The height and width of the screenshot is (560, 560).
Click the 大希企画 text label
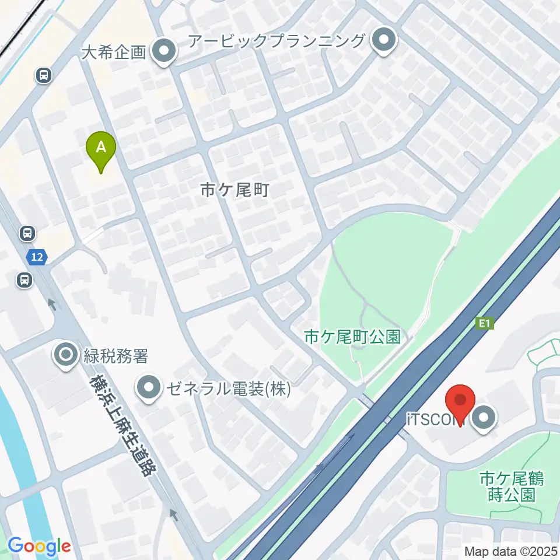tap(113, 54)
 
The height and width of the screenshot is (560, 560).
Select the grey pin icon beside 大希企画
tap(164, 51)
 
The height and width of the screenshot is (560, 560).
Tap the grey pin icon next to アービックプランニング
tap(384, 41)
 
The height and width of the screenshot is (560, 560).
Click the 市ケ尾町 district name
tap(234, 190)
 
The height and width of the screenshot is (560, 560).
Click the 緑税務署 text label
tap(116, 355)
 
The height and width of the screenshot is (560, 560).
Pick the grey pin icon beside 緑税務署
tap(65, 354)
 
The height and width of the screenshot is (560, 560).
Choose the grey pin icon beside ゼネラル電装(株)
tap(149, 387)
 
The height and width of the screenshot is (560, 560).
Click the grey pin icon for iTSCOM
tap(484, 418)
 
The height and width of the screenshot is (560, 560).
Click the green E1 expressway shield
tap(484, 323)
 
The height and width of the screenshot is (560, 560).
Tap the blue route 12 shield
tap(37, 256)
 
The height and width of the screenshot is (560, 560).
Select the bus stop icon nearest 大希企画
tap(44, 75)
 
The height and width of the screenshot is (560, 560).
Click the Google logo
tap(39, 547)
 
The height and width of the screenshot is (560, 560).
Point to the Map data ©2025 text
tap(510, 551)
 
